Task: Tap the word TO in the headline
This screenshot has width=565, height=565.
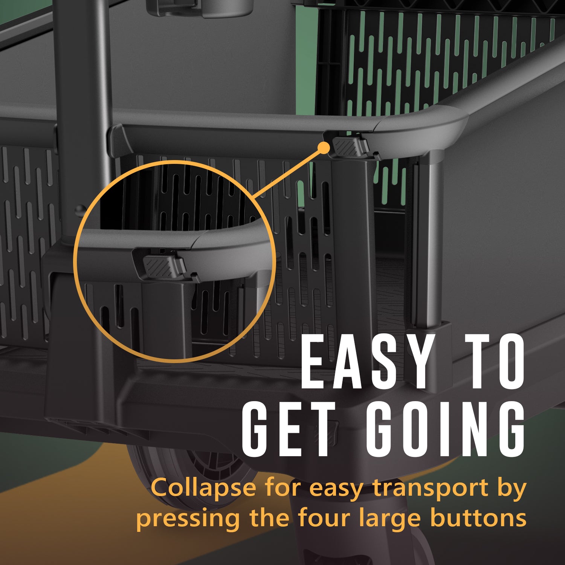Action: [494, 362]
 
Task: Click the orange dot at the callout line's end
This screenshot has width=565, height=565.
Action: [323, 148]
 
